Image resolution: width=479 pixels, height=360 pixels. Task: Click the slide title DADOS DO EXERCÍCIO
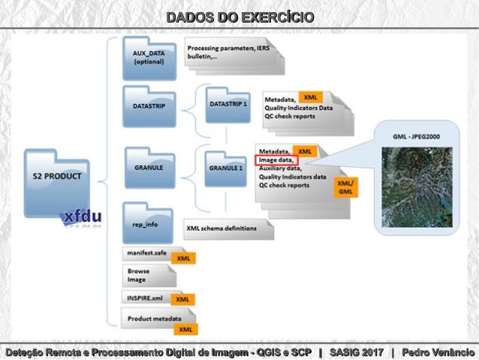click(239, 17)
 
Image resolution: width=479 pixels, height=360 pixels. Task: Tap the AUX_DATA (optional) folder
click(149, 58)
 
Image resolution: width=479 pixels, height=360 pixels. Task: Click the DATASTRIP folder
click(149, 107)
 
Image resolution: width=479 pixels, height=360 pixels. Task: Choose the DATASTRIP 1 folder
click(227, 103)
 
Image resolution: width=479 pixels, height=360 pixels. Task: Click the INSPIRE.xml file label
click(146, 298)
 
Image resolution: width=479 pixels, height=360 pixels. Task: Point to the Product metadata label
click(153, 319)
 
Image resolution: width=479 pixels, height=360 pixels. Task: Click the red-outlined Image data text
click(276, 160)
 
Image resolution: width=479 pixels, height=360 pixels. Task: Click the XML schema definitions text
click(222, 228)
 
